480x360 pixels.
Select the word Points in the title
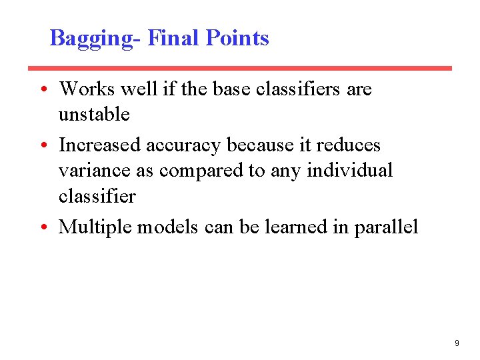coord(237,37)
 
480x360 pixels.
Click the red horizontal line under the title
coord(239,68)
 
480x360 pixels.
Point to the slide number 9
coord(457,343)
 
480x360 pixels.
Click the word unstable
coord(94,115)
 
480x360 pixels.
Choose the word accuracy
coord(183,145)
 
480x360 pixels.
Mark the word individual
coord(350,171)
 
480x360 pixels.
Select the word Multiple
coord(96,227)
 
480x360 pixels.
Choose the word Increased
coord(100,145)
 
